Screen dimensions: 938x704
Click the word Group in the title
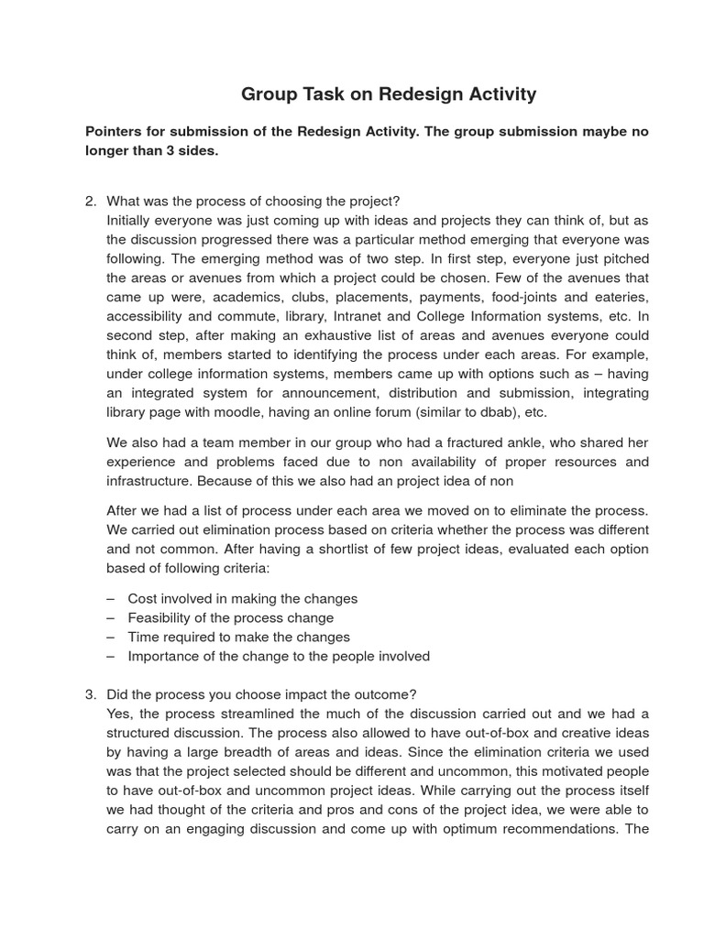click(266, 94)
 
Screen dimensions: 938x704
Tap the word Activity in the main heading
click(501, 94)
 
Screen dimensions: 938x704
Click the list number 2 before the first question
click(90, 202)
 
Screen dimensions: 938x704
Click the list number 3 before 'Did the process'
click(90, 694)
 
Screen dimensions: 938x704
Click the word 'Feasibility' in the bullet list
click(161, 617)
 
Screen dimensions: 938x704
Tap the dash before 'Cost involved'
click(111, 598)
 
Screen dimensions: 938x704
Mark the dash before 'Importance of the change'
click(111, 656)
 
